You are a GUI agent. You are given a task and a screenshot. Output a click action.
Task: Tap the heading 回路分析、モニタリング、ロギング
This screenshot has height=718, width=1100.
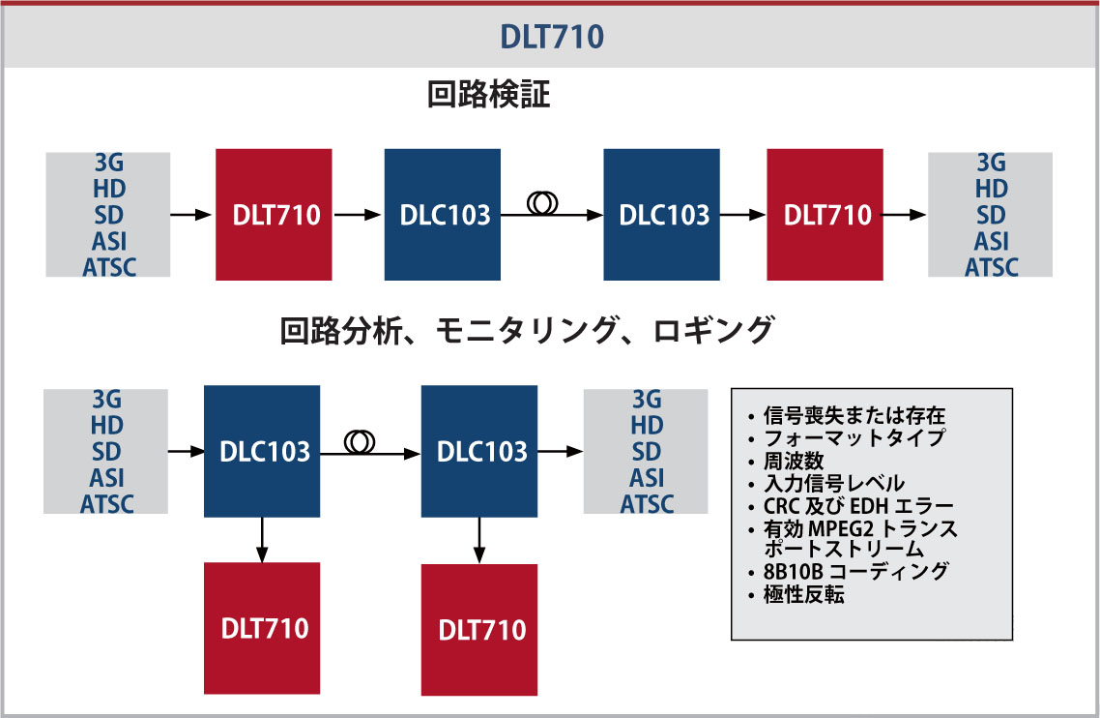[527, 331]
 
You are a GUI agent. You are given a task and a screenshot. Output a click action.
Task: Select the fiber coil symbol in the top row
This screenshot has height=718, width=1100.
[542, 203]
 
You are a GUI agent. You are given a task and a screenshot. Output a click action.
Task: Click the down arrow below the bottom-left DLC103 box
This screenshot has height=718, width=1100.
[261, 540]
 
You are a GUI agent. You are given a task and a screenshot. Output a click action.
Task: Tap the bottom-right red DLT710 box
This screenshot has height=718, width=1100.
[479, 629]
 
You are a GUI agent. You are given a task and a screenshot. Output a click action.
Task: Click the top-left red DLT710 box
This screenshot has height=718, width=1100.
[274, 214]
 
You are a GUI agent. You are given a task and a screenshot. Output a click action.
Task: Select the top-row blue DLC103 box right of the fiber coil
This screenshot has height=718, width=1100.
[661, 214]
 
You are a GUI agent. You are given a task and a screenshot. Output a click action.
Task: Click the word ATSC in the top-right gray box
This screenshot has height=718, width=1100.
[991, 266]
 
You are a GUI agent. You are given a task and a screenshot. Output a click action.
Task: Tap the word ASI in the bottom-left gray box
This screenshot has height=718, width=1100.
[107, 478]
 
